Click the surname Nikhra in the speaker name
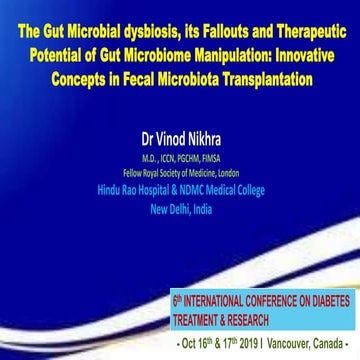(x=196, y=129)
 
